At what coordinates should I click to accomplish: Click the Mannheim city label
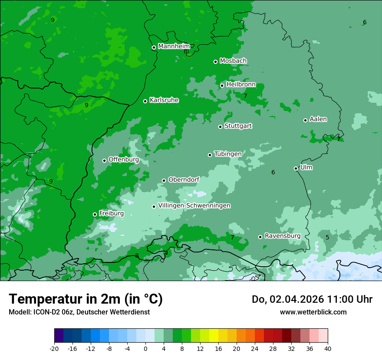click(174, 46)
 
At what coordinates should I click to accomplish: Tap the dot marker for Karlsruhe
click(145, 101)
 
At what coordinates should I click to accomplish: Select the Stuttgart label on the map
click(238, 126)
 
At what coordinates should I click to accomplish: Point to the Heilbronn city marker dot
click(222, 85)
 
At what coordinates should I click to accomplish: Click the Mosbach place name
click(233, 61)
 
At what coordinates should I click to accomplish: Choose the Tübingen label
click(228, 154)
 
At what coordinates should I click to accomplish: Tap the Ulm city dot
click(296, 168)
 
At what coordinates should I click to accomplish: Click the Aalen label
click(318, 119)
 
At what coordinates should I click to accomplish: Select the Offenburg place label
click(124, 160)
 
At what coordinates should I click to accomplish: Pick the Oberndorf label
click(184, 180)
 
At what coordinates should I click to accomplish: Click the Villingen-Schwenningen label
click(194, 206)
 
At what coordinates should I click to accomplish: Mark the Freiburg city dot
click(95, 214)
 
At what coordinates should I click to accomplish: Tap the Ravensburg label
click(283, 236)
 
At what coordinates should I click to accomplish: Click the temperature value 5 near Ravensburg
click(327, 237)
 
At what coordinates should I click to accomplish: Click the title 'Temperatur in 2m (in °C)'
click(86, 299)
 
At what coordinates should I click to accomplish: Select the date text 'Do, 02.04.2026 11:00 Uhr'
click(312, 299)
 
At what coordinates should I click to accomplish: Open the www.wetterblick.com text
click(313, 312)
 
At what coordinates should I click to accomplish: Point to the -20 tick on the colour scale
click(54, 348)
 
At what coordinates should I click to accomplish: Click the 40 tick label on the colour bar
click(328, 348)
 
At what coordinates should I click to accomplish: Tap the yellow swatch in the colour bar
click(214, 336)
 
